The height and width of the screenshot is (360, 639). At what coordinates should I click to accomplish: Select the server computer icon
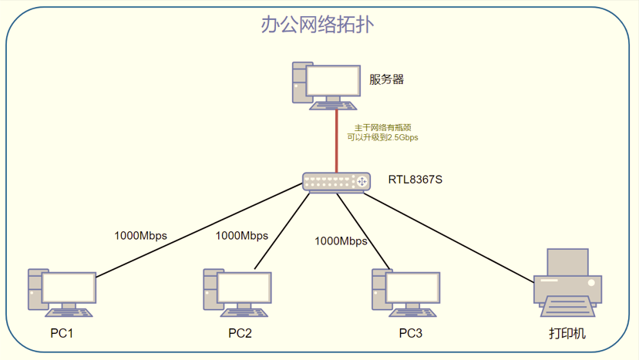(326, 84)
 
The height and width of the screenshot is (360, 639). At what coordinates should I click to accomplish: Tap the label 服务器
(387, 79)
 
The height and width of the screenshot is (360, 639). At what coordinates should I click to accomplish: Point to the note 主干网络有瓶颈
(382, 127)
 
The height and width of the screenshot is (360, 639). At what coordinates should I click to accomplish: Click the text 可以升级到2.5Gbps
(382, 137)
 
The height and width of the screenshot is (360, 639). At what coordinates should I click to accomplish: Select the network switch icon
(337, 182)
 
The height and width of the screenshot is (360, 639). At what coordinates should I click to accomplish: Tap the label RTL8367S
(415, 180)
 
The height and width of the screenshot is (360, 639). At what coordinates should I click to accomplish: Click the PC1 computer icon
(62, 293)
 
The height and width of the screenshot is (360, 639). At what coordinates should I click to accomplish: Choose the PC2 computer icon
(237, 293)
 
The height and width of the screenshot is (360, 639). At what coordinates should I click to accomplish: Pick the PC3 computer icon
(405, 293)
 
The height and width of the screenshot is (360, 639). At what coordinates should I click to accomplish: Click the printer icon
(567, 282)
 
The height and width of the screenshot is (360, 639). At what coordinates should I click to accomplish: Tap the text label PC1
(62, 334)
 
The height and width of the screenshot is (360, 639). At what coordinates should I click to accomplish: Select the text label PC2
(240, 334)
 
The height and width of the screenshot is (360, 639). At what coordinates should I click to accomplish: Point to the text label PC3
(410, 334)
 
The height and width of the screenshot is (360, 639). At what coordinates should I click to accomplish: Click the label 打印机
(567, 334)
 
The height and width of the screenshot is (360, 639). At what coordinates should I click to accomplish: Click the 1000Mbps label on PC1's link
(140, 235)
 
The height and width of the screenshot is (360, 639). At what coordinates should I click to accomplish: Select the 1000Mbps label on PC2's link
(241, 235)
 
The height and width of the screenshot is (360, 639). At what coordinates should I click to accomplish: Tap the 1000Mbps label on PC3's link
(341, 241)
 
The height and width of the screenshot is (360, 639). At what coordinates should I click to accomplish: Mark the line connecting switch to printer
(451, 236)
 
